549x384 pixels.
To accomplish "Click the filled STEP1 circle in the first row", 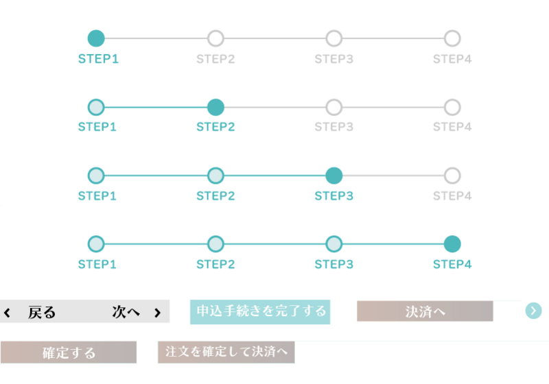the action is [96, 38].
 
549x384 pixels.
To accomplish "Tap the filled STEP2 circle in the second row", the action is [215, 108].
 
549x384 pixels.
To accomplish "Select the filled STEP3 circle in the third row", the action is [334, 176].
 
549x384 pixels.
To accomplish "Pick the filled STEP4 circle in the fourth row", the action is [452, 244].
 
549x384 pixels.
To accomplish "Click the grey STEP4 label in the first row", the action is [452, 59].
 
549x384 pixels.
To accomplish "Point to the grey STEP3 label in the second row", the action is [334, 127].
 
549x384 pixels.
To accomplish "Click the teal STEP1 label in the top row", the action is [98, 59].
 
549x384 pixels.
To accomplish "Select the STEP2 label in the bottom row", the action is [215, 264].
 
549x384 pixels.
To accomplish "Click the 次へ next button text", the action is [126, 311].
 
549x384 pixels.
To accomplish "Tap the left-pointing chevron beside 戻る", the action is [7, 313].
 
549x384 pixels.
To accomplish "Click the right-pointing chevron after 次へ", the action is [158, 313].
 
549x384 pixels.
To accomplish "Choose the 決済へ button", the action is [425, 311].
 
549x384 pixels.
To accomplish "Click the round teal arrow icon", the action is [534, 311].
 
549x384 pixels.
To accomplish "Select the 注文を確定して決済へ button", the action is [226, 352].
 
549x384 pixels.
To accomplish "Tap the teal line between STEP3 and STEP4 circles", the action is [393, 244].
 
